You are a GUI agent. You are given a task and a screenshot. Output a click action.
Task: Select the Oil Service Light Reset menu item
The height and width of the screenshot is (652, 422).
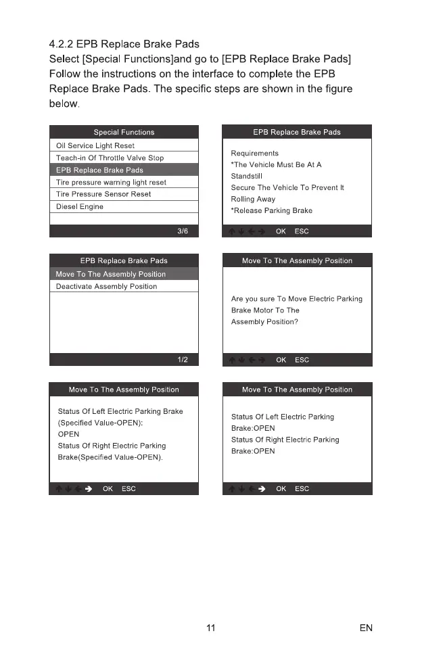95,145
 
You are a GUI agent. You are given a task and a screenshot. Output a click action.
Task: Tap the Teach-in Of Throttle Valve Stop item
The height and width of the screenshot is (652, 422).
110,158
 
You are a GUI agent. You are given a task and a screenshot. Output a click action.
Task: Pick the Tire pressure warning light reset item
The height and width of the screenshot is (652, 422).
111,182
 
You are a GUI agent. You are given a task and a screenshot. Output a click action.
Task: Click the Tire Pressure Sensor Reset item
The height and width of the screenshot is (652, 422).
103,194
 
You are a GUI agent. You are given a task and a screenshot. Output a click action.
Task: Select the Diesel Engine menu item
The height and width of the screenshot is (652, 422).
80,206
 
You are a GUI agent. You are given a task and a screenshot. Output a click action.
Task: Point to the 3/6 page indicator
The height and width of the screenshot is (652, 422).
183,231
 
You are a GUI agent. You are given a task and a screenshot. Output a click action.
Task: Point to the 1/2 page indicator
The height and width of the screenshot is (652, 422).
183,360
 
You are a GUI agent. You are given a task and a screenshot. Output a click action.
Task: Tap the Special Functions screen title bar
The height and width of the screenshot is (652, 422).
124,132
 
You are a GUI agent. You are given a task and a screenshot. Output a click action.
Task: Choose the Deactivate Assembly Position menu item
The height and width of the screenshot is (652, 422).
106,286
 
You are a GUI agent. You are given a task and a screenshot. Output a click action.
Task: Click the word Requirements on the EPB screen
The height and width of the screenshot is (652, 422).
255,154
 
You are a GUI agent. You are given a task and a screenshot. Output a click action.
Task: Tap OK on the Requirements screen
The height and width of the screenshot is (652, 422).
281,231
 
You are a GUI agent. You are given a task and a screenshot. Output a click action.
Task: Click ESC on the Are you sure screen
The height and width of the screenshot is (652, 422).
302,360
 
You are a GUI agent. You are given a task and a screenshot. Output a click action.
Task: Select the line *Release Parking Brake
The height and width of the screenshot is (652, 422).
272,210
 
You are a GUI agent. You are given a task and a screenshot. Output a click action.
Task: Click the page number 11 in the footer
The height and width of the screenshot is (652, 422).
210,628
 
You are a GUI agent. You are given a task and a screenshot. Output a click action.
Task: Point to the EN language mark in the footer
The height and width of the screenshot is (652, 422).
366,628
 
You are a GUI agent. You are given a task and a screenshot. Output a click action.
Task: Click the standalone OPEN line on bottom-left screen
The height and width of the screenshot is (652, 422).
69,434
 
